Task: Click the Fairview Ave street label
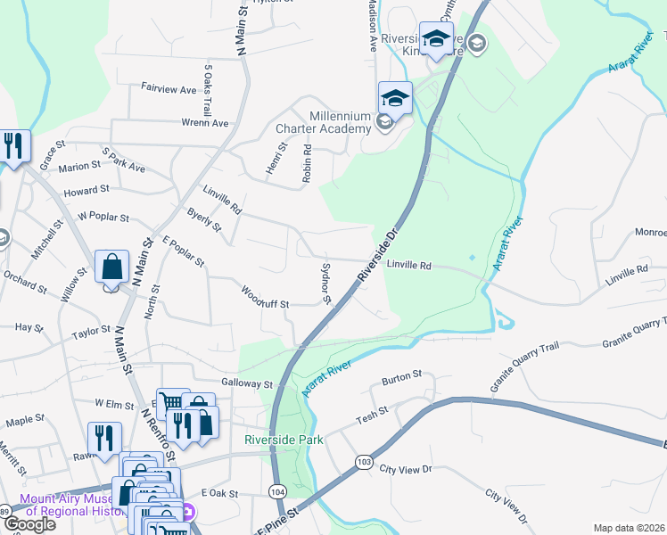[169, 90]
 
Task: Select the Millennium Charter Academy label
[339, 122]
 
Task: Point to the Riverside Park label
[283, 440]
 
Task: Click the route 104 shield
[276, 490]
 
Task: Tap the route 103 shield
[363, 461]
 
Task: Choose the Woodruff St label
[265, 297]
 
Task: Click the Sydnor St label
[326, 283]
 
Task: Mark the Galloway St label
[247, 383]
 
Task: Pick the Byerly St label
[204, 219]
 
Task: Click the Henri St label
[273, 158]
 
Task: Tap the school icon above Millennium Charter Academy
[395, 97]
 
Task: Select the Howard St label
[86, 190]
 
